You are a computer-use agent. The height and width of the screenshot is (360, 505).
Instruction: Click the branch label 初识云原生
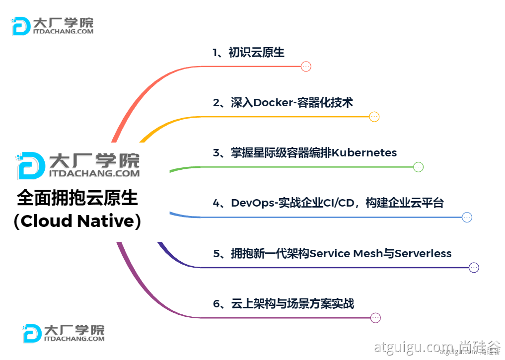click(x=256, y=53)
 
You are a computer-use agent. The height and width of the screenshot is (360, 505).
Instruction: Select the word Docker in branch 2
click(x=272, y=103)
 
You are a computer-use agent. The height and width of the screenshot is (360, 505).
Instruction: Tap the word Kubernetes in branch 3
click(x=364, y=152)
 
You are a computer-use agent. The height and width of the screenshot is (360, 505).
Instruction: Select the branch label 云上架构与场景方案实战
click(x=292, y=303)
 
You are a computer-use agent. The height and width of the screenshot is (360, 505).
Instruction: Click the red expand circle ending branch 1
click(x=306, y=67)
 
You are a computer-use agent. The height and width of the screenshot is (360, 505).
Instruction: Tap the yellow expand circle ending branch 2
click(x=374, y=117)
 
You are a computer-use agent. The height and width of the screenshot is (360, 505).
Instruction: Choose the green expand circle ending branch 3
click(x=419, y=167)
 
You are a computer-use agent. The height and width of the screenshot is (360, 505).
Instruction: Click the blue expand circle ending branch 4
click(x=467, y=217)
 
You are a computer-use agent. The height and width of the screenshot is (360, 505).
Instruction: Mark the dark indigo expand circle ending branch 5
click(x=474, y=268)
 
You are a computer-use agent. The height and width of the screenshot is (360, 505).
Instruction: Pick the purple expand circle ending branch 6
click(x=375, y=318)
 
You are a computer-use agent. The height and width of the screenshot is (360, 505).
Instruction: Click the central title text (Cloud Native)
click(x=77, y=221)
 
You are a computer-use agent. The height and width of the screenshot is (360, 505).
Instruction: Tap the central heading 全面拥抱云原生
click(x=77, y=198)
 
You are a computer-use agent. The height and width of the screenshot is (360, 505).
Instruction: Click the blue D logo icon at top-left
click(x=21, y=26)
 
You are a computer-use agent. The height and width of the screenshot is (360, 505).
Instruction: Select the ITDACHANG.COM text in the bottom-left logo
click(x=74, y=339)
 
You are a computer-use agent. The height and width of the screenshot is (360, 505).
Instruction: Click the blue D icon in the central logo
click(x=31, y=166)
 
